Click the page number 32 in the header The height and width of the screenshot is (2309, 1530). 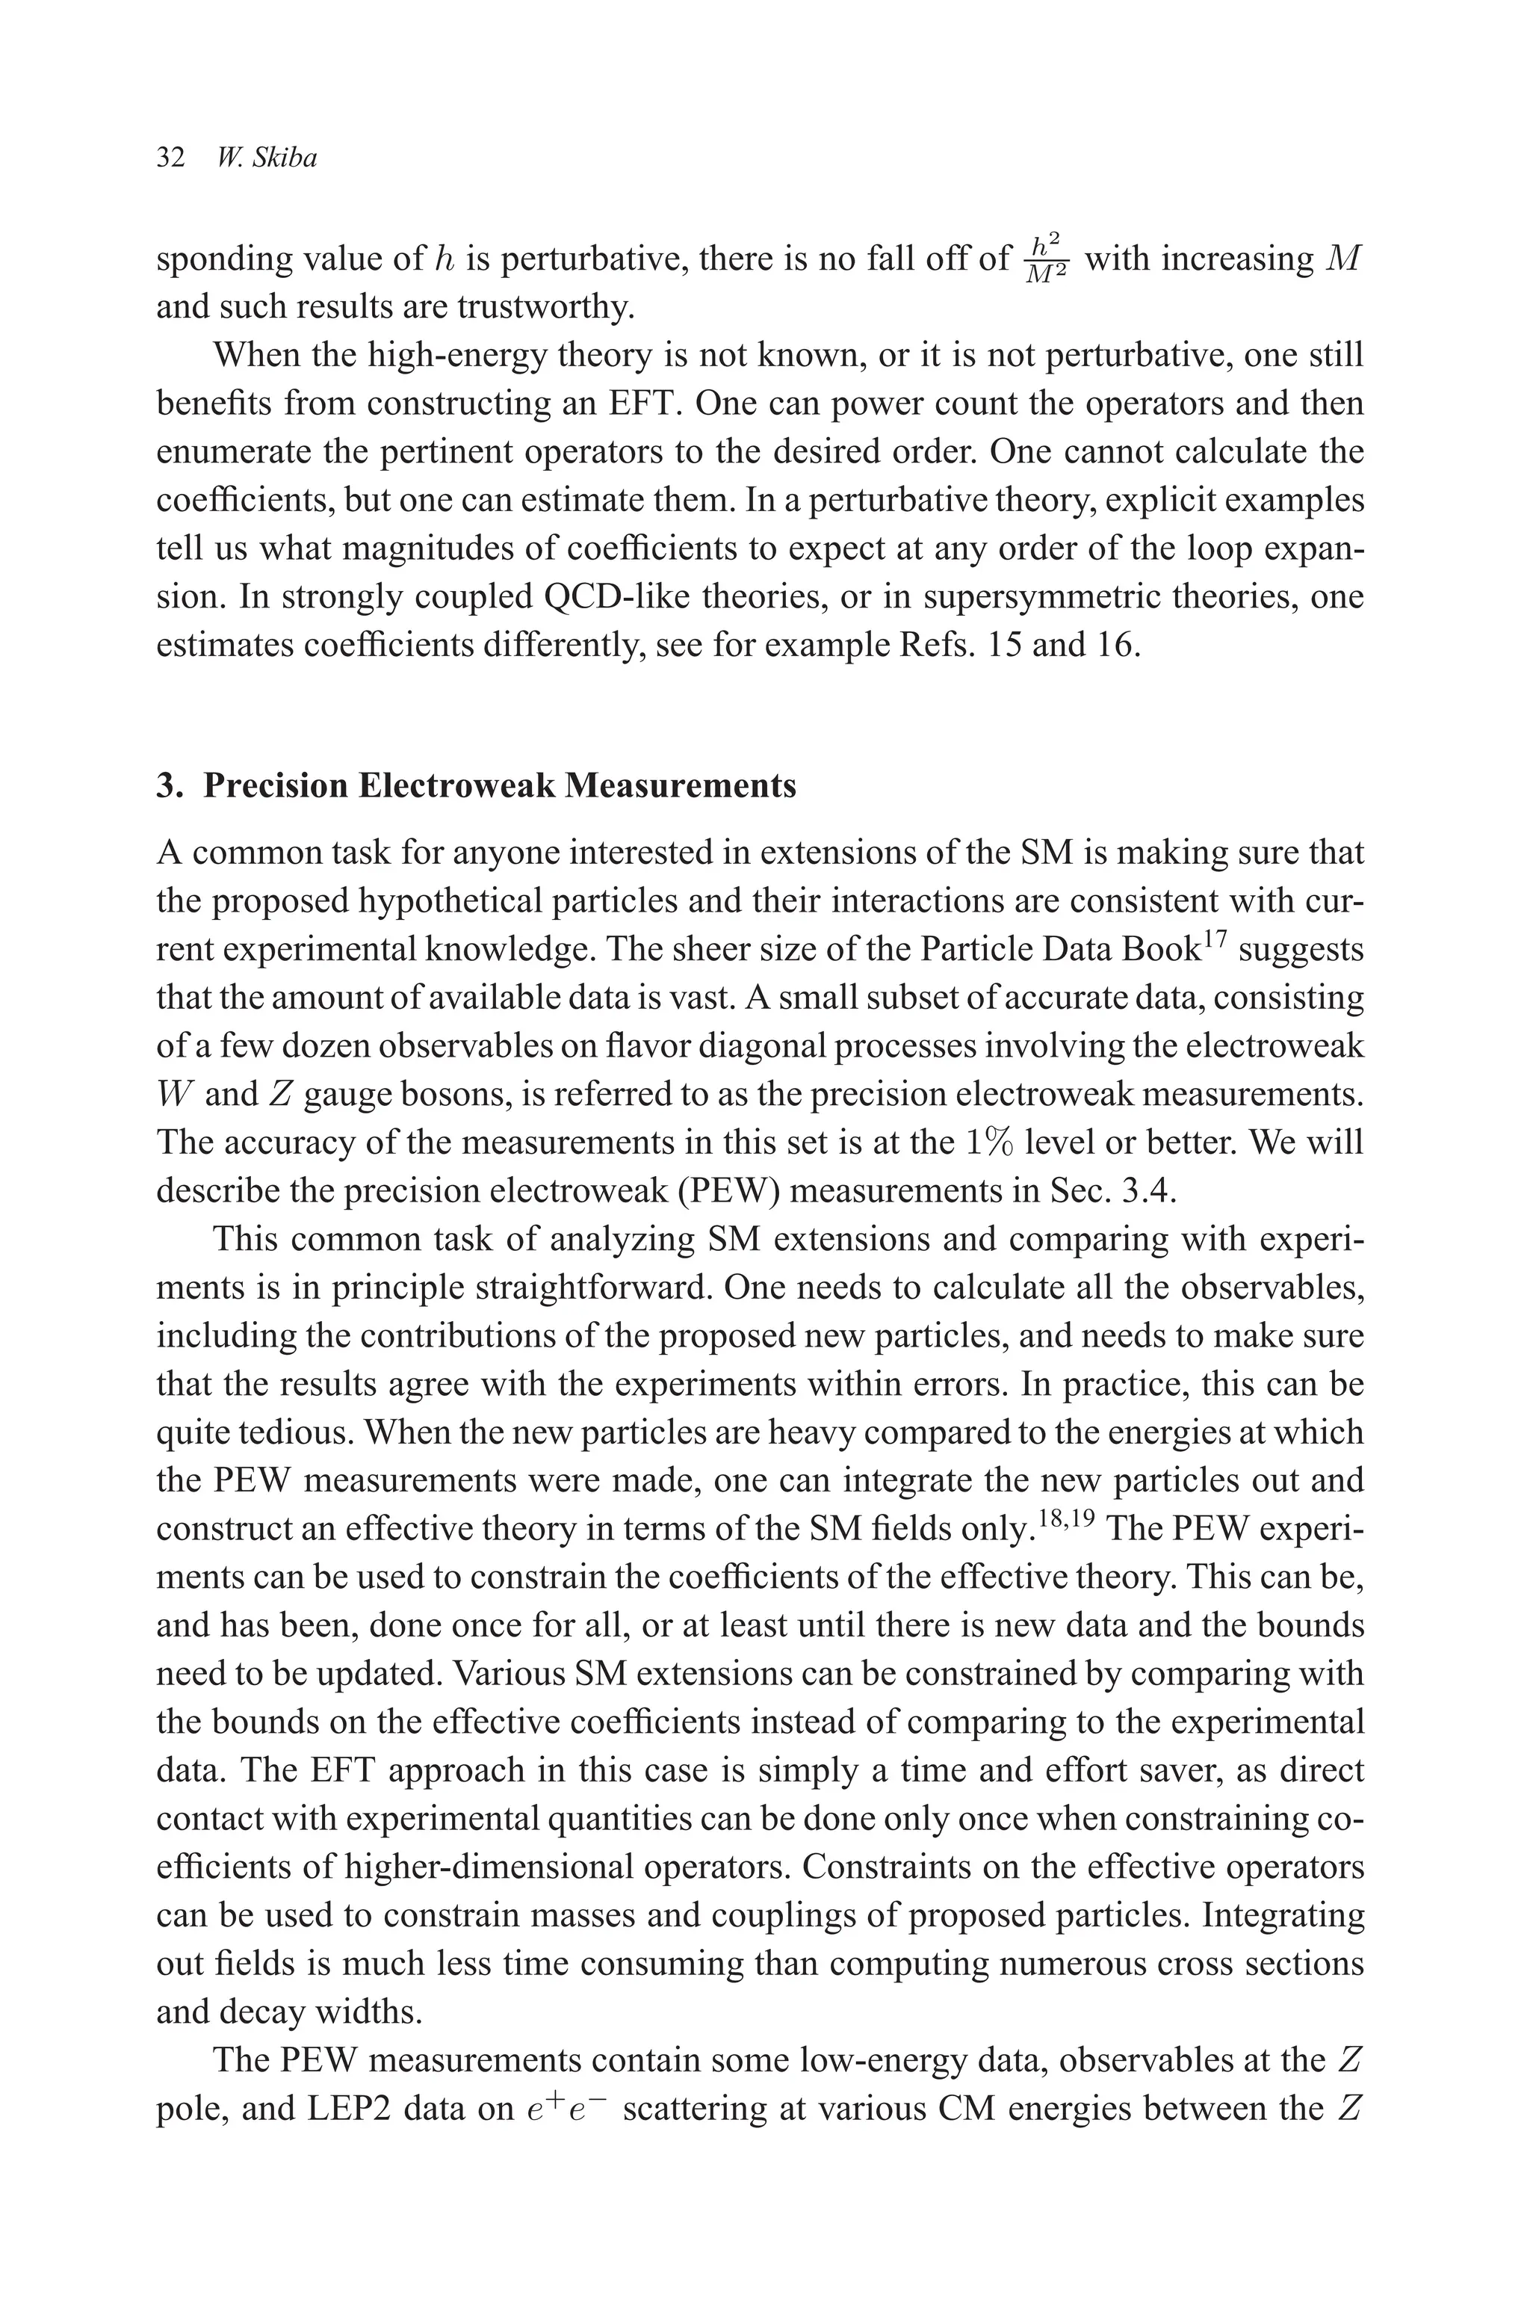(171, 158)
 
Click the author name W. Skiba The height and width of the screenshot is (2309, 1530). (267, 158)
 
